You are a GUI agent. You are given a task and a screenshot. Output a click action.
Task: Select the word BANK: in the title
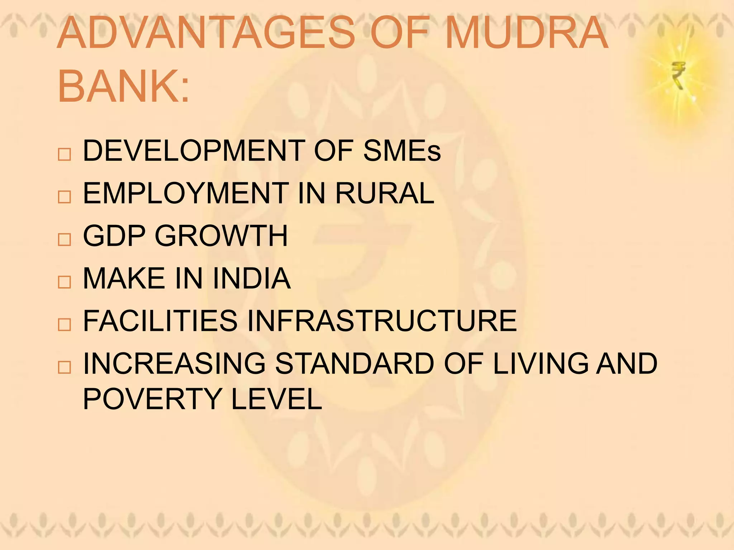pos(123,86)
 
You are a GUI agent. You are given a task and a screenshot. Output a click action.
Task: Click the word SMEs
pos(402,151)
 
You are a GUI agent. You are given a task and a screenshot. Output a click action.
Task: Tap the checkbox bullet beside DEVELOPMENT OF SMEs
pos(64,154)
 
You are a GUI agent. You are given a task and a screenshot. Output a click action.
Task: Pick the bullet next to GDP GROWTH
pos(64,239)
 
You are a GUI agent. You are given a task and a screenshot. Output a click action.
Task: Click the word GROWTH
pos(221,236)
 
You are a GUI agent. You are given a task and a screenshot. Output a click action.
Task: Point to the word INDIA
pos(252,278)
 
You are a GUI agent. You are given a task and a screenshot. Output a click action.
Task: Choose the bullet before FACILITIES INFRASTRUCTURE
pos(64,324)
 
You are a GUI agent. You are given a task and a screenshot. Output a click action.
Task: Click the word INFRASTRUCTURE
pos(382,321)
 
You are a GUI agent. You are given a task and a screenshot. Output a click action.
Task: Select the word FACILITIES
pos(160,321)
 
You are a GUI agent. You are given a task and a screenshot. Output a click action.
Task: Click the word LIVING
pos(541,363)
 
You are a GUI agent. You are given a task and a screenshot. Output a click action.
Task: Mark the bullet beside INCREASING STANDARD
pos(64,367)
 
